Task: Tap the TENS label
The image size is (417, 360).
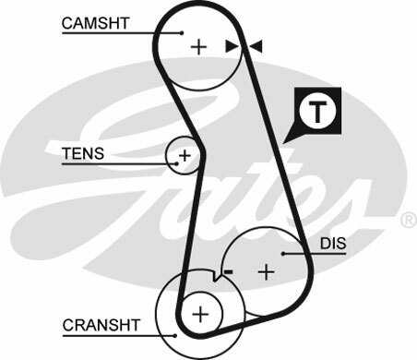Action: point(83,152)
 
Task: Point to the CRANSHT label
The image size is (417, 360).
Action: point(101,325)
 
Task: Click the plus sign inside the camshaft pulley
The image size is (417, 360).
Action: point(198,45)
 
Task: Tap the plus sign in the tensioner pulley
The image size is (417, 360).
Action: point(185,156)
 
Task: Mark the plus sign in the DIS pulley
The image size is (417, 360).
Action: point(267,271)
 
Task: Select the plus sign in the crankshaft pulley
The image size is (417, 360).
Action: point(199,314)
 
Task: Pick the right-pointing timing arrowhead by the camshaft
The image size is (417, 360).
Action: point(232,45)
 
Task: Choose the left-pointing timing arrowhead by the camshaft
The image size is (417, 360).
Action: point(256,45)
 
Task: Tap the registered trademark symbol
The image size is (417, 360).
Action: point(407,221)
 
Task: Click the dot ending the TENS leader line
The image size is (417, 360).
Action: point(173,165)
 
